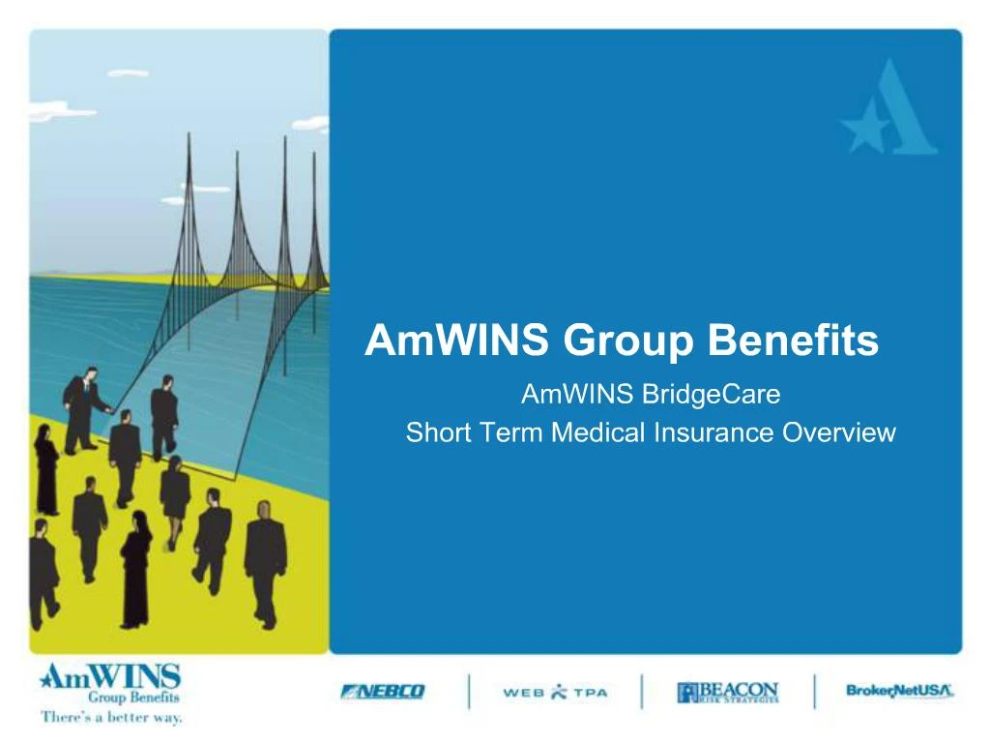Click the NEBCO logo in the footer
[383, 692]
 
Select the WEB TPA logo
[555, 692]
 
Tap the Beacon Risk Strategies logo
[727, 692]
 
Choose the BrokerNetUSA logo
[899, 691]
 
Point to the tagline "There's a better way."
[111, 718]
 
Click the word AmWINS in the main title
[454, 342]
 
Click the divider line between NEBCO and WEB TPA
[470, 692]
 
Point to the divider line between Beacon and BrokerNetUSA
[814, 692]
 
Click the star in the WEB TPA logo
[560, 692]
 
